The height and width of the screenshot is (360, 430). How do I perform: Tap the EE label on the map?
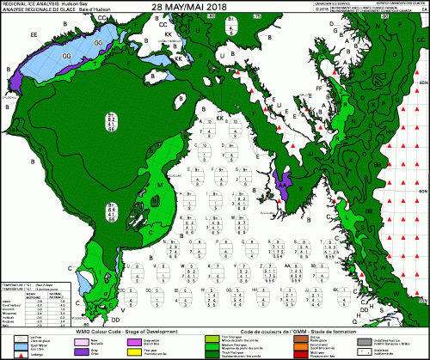[x=34, y=34]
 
